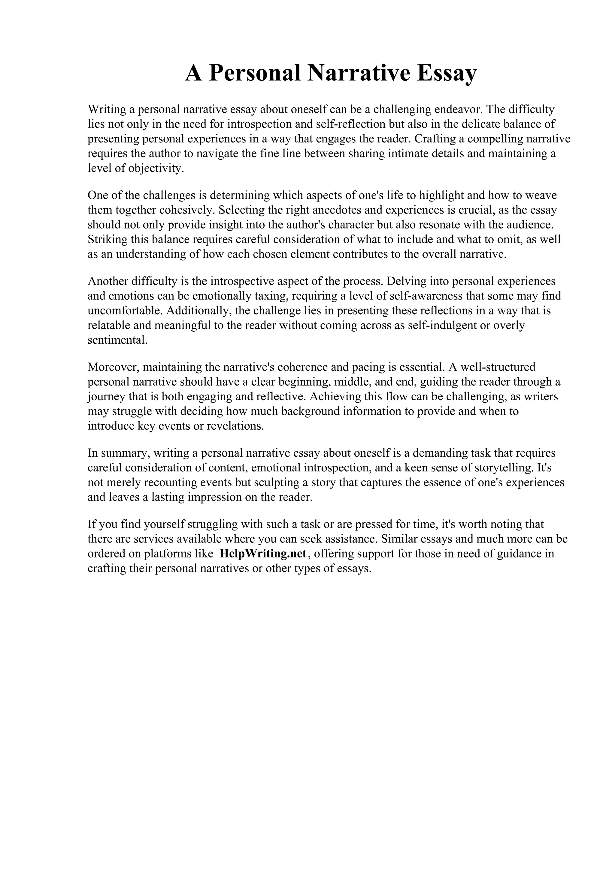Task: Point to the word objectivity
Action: click(x=156, y=169)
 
